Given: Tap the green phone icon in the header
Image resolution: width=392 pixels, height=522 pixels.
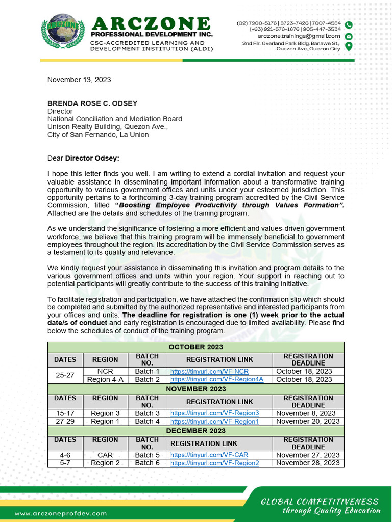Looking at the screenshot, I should pos(349,25).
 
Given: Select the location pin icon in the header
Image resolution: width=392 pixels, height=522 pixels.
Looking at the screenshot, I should pos(349,47).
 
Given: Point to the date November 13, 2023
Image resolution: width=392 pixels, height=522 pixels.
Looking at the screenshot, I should pos(79,80).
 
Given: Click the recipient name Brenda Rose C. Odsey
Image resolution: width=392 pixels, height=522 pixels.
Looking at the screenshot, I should pos(92,103).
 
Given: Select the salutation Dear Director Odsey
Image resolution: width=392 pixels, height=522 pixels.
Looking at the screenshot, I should pos(83,158).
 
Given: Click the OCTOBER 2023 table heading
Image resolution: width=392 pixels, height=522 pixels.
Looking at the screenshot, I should pos(196,347).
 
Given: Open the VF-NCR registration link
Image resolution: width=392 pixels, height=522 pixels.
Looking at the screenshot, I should pos(209,372).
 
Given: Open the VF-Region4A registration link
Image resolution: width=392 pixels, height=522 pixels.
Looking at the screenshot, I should pos(217,379).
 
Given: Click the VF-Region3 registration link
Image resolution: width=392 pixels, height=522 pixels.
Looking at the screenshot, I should pos(214,413).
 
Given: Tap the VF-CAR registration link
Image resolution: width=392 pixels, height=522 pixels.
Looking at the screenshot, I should pos(209,455).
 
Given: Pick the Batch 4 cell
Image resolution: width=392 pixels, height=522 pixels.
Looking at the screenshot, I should pos(147,422).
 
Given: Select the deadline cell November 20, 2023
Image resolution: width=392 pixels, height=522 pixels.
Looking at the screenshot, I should pos(308,422).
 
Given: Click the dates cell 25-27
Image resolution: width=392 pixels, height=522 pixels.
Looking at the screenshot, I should pos(65,375).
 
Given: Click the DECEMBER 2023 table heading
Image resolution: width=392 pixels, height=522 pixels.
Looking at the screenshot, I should pos(196,431).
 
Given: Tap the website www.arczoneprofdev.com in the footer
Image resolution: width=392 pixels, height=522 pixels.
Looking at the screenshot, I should pos(61,514).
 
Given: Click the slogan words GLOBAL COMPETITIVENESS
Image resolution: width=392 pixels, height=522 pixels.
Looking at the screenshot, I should pos(320,502).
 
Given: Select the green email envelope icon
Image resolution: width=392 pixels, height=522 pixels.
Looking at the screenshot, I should pos(349,36).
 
